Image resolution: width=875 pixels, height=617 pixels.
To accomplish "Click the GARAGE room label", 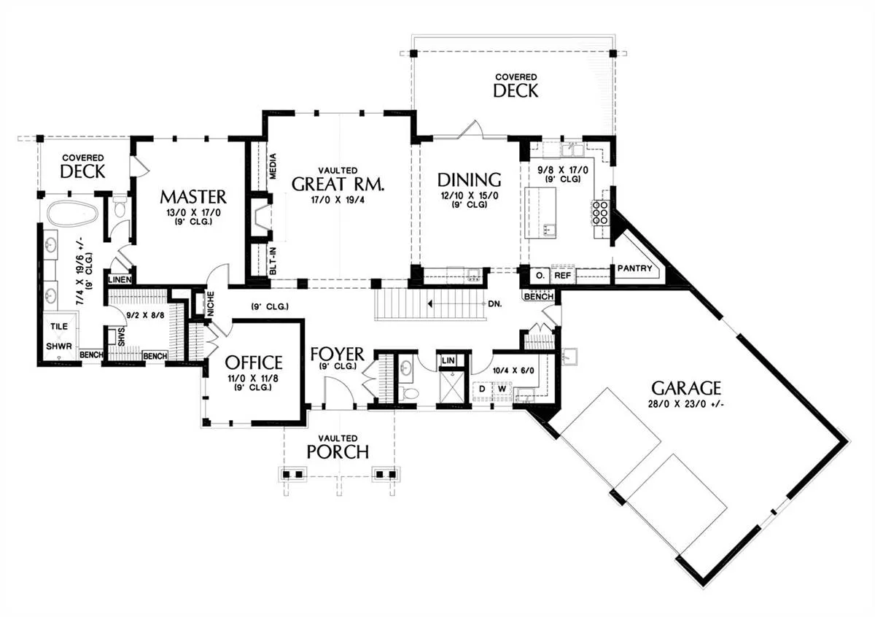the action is click(x=686, y=388).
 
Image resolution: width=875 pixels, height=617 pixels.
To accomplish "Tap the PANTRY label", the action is click(x=635, y=268).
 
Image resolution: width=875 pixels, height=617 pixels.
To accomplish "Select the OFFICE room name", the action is click(x=254, y=362).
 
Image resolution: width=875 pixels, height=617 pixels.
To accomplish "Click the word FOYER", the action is click(x=337, y=354).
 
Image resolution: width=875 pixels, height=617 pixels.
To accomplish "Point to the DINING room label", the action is click(x=469, y=179).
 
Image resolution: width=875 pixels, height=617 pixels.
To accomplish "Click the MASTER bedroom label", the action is click(x=193, y=197).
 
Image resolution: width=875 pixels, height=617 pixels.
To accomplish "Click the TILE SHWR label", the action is click(x=59, y=336).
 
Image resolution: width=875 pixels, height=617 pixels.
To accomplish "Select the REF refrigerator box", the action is click(x=562, y=276).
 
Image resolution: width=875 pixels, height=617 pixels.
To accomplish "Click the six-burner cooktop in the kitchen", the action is click(x=602, y=212).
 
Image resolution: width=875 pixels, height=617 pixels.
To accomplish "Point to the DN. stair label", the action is click(x=495, y=303).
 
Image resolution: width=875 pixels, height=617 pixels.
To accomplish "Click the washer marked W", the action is click(x=502, y=389).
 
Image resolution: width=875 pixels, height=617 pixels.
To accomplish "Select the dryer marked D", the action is click(x=482, y=389).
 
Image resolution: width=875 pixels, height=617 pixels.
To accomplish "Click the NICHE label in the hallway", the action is click(x=211, y=304).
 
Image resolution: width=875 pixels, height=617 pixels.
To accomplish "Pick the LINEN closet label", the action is click(x=120, y=279).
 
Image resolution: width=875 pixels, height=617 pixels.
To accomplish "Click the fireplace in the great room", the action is click(x=260, y=217).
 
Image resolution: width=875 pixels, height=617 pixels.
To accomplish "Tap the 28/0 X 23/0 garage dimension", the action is click(x=686, y=404).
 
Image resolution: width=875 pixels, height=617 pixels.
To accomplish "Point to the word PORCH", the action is click(x=338, y=452).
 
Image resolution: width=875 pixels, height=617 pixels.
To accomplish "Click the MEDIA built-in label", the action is click(x=273, y=166).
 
